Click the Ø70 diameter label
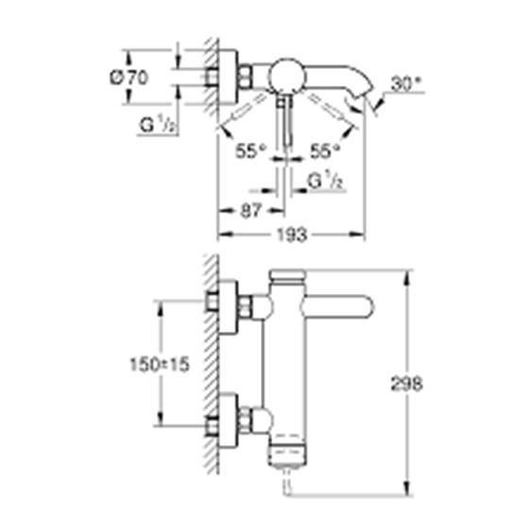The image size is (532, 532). click(134, 80)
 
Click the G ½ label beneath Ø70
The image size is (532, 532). click(156, 126)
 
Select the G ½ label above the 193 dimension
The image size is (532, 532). click(324, 181)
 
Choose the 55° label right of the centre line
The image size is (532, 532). click(324, 151)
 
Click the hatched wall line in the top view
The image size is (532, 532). click(213, 76)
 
